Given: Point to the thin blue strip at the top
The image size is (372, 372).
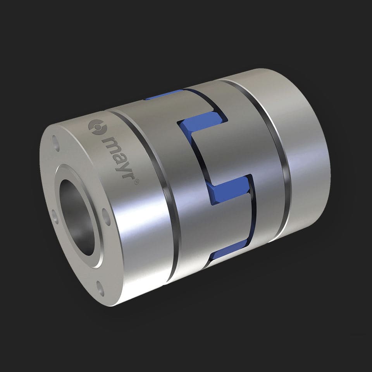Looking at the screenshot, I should pyautogui.click(x=163, y=95).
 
